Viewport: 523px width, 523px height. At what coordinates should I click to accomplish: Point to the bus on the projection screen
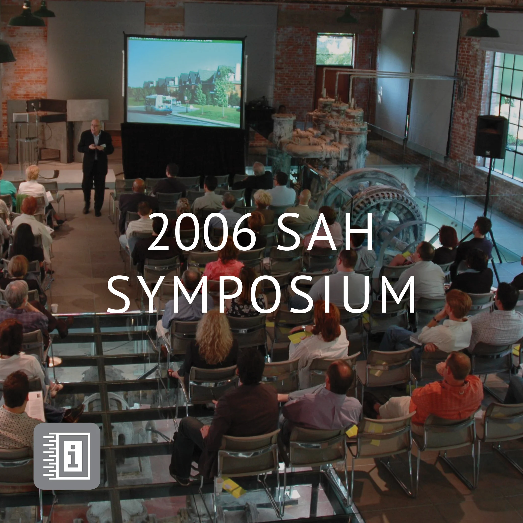point(159,104)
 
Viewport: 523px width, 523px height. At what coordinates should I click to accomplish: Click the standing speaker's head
point(96,126)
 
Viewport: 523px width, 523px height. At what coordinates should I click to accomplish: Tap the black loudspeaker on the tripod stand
point(491,136)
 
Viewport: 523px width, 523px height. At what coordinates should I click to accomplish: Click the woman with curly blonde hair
point(214,338)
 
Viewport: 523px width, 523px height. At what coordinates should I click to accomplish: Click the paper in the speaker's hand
point(102,146)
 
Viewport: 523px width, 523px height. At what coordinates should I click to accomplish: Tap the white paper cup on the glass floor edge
point(54,308)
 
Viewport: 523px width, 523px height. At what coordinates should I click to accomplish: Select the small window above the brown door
point(335,49)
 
